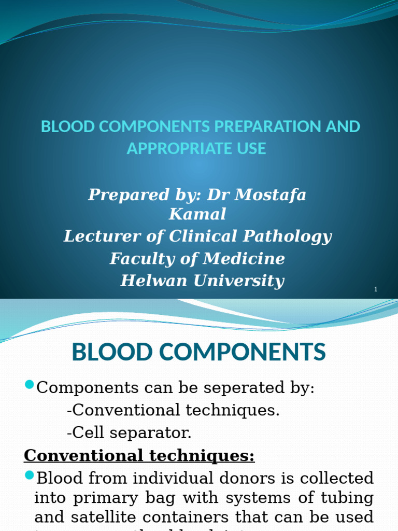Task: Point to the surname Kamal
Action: pos(197,214)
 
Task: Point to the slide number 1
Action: pos(376,289)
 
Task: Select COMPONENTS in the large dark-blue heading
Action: pos(244,353)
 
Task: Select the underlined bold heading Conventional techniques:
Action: pos(139,455)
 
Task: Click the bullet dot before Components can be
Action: pos(29,385)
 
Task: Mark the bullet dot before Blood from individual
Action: pos(29,475)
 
